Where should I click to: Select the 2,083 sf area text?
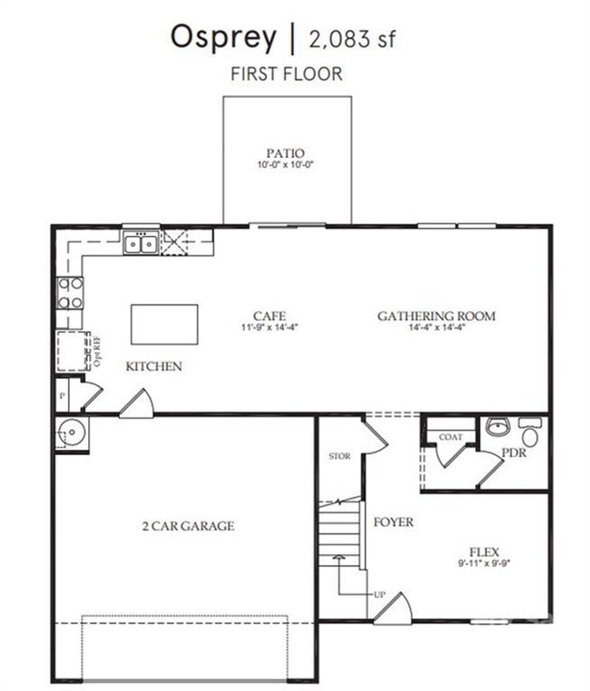(x=352, y=39)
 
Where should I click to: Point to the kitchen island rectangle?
(x=164, y=324)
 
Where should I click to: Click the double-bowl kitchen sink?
(x=141, y=242)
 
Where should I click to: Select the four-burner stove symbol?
(x=70, y=292)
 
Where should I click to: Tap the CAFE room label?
(x=270, y=316)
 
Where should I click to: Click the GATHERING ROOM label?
(x=437, y=316)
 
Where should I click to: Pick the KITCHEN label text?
(x=153, y=366)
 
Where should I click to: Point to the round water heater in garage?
(x=71, y=434)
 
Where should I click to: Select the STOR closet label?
(x=339, y=456)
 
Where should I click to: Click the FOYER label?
(x=393, y=522)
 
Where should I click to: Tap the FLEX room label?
(x=484, y=551)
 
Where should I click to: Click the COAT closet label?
(x=450, y=437)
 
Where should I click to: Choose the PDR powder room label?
(x=514, y=453)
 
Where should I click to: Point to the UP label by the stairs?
(x=379, y=594)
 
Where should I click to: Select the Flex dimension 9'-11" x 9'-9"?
(x=484, y=563)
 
